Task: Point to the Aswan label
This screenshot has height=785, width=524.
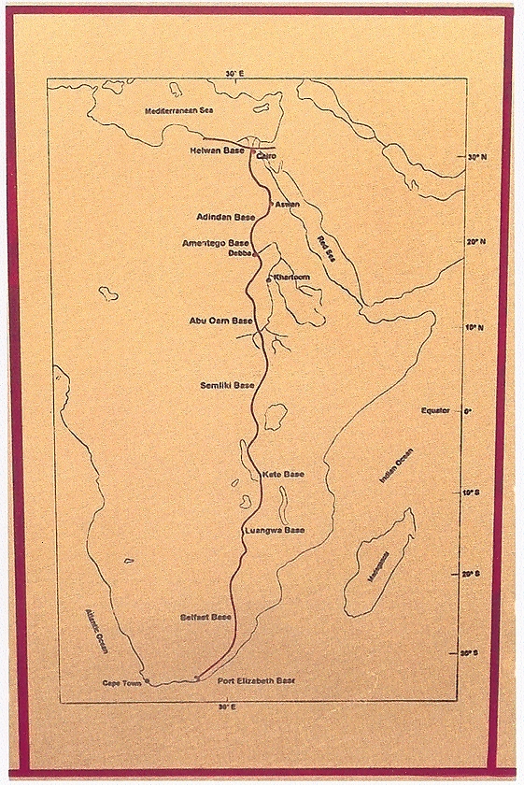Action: point(286,204)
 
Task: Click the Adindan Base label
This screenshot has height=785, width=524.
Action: point(225,217)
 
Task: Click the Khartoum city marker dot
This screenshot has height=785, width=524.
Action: point(268,278)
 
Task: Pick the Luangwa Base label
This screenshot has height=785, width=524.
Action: point(275,530)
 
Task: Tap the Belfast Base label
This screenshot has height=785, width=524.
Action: point(208,618)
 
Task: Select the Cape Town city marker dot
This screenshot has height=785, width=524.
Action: point(148,680)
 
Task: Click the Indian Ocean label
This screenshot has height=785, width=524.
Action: point(395,466)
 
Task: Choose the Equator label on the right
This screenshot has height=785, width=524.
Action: point(435,410)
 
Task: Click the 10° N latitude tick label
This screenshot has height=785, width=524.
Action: point(476,328)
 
